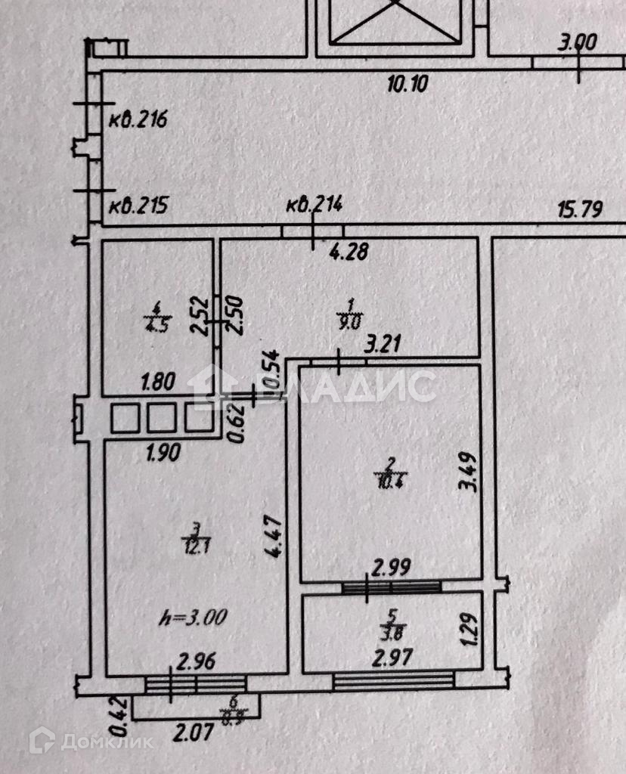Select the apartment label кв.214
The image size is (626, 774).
[315, 203]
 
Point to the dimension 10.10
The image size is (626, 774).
[408, 83]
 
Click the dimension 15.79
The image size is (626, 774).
[579, 209]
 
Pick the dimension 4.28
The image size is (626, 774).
[349, 251]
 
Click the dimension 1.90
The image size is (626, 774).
[161, 455]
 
